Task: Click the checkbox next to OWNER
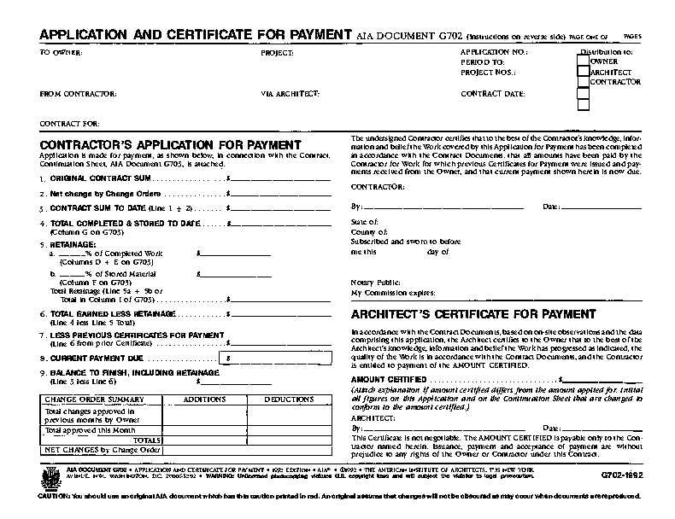tap(584, 61)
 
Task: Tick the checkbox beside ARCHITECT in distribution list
tap(584, 73)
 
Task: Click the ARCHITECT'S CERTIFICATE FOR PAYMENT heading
tap(474, 314)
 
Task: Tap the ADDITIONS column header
tap(204, 399)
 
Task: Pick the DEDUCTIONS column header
tap(289, 399)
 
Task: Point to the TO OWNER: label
tap(61, 53)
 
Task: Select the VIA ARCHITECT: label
tap(291, 93)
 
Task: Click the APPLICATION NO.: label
tap(494, 53)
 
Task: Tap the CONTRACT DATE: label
tap(493, 94)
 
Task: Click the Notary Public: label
tap(375, 282)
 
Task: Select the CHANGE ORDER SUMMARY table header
tap(93, 399)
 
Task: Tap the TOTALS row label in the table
tap(146, 440)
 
